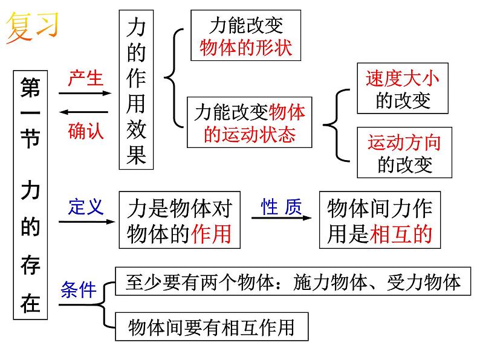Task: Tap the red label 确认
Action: click(x=86, y=130)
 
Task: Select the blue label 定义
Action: click(x=86, y=207)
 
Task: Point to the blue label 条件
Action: click(x=79, y=290)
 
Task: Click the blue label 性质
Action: click(x=281, y=207)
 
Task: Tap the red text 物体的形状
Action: click(x=246, y=48)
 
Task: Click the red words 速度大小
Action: click(x=403, y=79)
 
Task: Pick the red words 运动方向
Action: click(x=404, y=143)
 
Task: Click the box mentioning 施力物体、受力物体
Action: click(x=293, y=281)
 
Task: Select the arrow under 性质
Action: click(x=281, y=221)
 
